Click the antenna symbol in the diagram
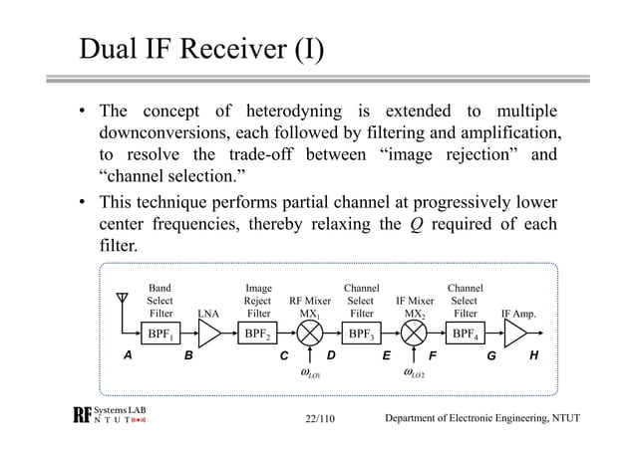[x=123, y=301]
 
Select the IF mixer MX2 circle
[x=415, y=335]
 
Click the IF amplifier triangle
[x=516, y=335]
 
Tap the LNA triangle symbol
[x=209, y=335]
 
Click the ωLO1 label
[x=309, y=375]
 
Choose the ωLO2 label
[x=414, y=375]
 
